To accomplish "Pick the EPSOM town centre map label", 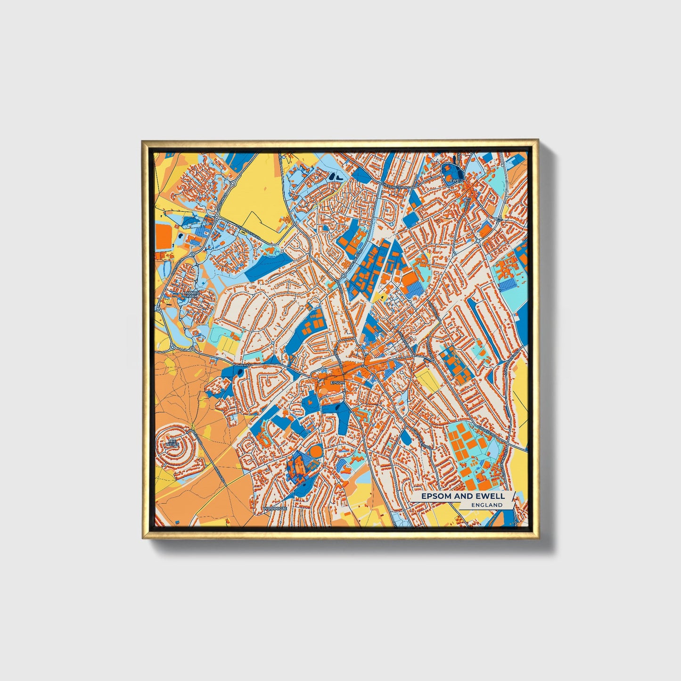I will [337, 382].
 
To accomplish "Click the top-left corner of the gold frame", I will [142, 140].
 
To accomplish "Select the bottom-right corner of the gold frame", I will [539, 539].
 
